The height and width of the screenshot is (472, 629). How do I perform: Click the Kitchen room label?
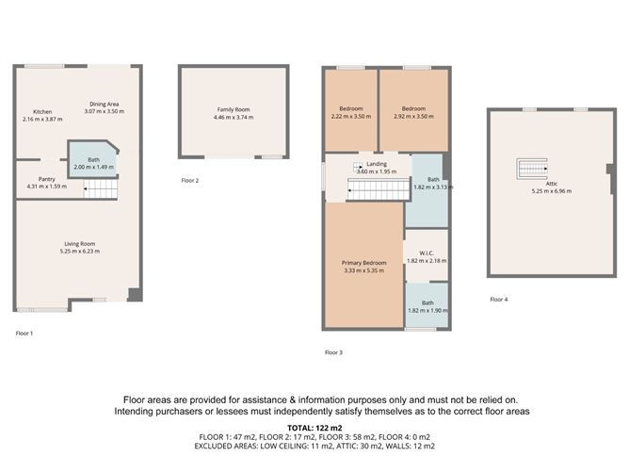pyautogui.click(x=42, y=112)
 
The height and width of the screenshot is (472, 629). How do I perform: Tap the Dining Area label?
pyautogui.click(x=104, y=104)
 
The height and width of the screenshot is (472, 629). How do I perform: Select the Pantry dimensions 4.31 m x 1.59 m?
pyautogui.click(x=46, y=186)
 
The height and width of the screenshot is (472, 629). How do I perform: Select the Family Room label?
pyautogui.click(x=233, y=110)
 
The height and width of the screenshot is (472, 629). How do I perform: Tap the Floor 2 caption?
pyautogui.click(x=190, y=180)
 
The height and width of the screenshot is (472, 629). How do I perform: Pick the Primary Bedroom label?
pyautogui.click(x=363, y=263)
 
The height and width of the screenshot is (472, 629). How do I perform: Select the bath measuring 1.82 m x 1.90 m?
pyautogui.click(x=427, y=306)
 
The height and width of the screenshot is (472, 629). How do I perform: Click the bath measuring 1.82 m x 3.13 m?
pyautogui.click(x=432, y=183)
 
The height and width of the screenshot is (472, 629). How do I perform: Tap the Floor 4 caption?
pyautogui.click(x=498, y=300)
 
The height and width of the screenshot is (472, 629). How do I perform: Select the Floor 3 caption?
pyautogui.click(x=333, y=352)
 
